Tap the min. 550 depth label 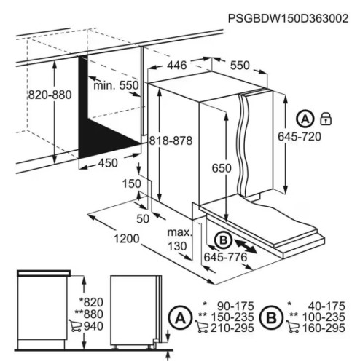pyautogui.click(x=116, y=86)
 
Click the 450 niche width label pyautogui.click(x=107, y=162)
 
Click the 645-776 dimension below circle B pyautogui.click(x=224, y=258)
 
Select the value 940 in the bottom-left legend pyautogui.click(x=93, y=327)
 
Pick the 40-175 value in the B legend pyautogui.click(x=325, y=305)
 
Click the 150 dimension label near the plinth pyautogui.click(x=131, y=185)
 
